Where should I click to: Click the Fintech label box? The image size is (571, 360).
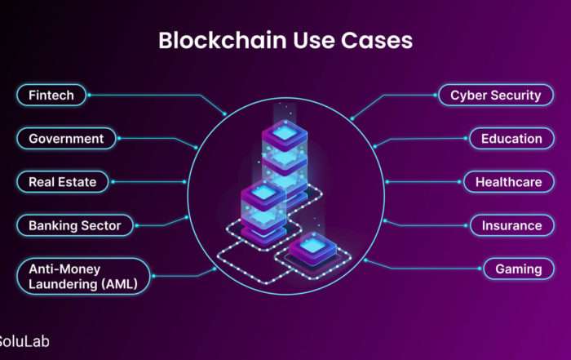tap(51, 95)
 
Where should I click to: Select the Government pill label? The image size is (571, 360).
tap(66, 139)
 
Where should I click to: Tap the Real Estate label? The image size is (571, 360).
tap(63, 182)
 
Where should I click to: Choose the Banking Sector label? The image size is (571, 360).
tap(75, 225)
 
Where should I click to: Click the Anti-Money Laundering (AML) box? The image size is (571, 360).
tap(83, 276)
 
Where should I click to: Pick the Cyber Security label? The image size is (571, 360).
tap(496, 95)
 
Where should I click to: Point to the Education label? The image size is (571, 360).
tap(511, 139)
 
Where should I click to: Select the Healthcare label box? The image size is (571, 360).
tap(509, 182)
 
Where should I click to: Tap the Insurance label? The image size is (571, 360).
tap(512, 225)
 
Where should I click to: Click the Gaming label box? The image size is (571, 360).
tap(519, 269)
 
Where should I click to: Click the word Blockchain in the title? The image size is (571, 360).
tap(223, 40)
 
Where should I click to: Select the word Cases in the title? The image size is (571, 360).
tap(377, 40)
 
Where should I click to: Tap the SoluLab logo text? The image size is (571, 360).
tap(24, 341)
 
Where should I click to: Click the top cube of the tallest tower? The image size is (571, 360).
tap(285, 135)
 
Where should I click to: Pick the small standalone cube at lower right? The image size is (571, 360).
tap(312, 248)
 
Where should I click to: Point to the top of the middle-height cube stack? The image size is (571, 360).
tap(263, 194)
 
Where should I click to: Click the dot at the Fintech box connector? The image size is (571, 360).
tap(89, 95)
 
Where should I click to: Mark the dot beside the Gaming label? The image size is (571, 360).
tap(480, 269)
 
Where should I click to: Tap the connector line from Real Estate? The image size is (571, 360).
tap(148, 182)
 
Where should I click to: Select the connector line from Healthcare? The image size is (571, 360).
tap(423, 182)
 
